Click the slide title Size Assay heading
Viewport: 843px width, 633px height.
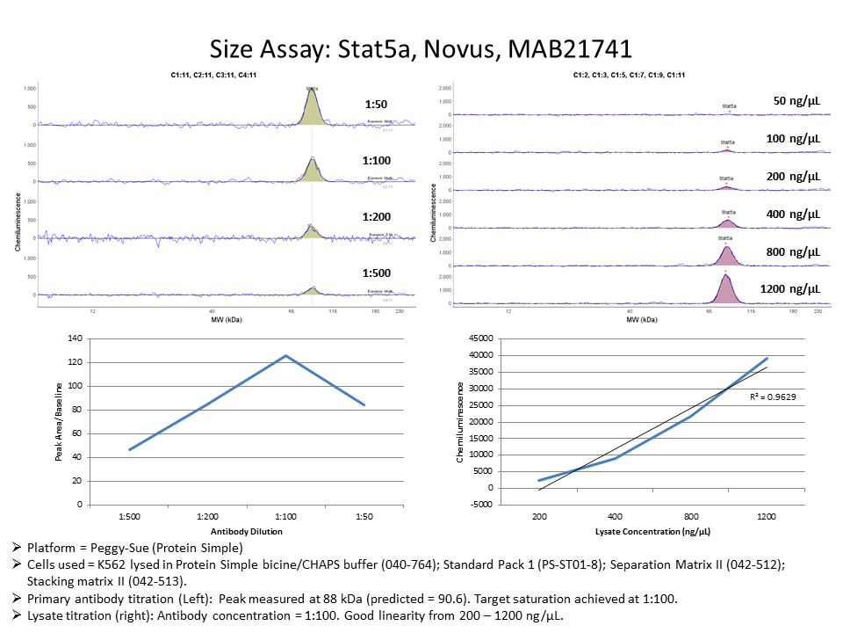point(421,47)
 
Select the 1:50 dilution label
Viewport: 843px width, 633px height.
point(376,105)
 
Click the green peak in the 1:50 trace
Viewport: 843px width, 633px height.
point(312,109)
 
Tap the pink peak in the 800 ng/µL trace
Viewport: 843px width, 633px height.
point(727,257)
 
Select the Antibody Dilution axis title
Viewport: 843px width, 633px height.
point(247,532)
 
